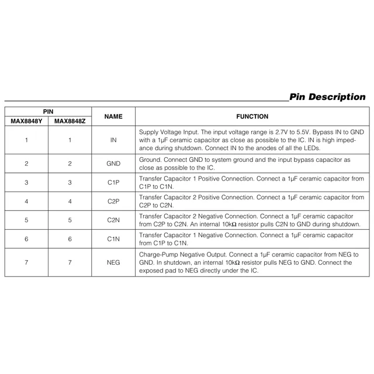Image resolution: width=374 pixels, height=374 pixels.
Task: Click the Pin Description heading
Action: [x=327, y=97]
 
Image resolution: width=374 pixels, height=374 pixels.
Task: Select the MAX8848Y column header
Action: [x=26, y=122]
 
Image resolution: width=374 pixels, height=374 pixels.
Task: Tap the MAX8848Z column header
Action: [x=70, y=122]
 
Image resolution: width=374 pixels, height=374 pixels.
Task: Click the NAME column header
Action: [x=113, y=116]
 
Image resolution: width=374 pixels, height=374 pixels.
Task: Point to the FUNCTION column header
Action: [x=252, y=116]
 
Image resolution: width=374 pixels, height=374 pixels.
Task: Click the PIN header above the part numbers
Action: [x=48, y=111]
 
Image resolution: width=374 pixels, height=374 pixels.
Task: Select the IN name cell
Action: [x=113, y=140]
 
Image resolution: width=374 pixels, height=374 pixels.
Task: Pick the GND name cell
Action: [x=113, y=164]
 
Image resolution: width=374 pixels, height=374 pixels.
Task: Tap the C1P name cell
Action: [x=113, y=182]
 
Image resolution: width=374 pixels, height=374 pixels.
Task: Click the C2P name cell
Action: [x=113, y=201]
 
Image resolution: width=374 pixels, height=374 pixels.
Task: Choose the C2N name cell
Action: [x=113, y=220]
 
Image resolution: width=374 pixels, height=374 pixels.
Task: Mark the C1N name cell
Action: [x=113, y=239]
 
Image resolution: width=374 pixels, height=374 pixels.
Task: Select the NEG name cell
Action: [x=113, y=262]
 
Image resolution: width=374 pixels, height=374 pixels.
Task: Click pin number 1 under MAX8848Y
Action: [x=26, y=140]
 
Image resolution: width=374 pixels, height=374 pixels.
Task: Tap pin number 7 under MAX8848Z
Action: [x=70, y=262]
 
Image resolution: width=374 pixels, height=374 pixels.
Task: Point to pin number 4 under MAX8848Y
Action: [x=26, y=201]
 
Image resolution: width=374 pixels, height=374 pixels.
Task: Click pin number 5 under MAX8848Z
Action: [x=70, y=220]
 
